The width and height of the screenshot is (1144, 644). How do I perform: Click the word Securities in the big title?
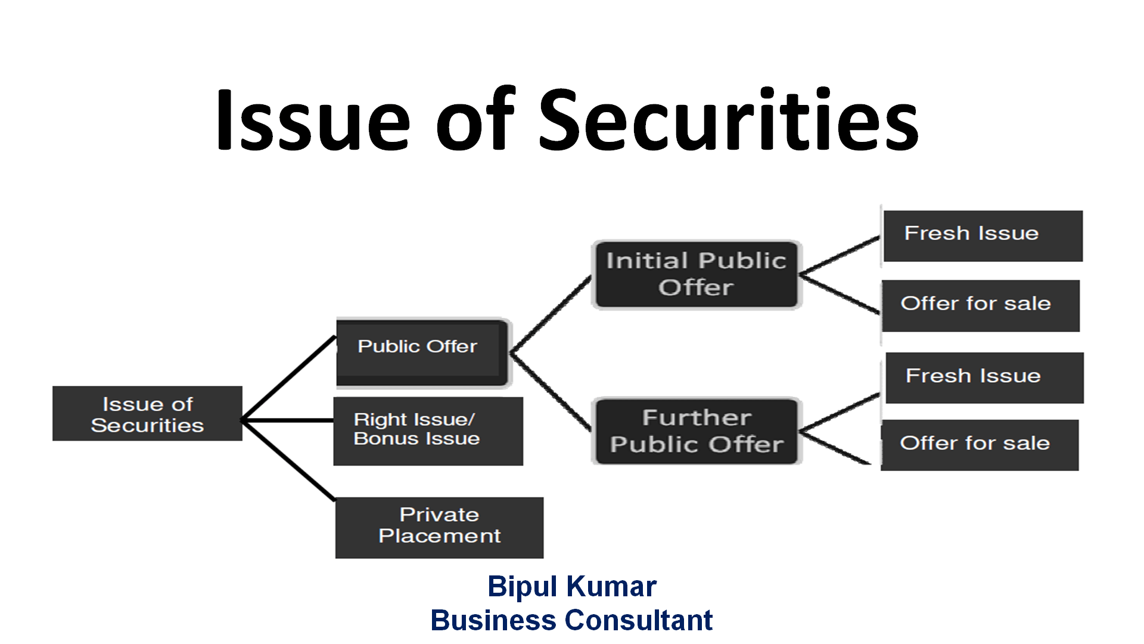728,119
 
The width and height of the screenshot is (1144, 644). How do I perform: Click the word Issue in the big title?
313,119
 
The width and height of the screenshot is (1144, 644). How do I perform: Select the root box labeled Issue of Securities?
147,414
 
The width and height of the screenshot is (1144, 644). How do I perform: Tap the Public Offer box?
421,352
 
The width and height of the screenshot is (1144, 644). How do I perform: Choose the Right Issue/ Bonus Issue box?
428,431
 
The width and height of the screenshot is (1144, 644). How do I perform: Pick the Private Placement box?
439,527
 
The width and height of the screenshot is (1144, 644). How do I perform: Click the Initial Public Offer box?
696,274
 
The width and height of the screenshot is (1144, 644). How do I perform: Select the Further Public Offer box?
696,431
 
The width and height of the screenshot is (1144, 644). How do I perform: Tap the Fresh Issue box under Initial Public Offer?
982,236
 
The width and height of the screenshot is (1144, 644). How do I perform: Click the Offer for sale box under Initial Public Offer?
980,305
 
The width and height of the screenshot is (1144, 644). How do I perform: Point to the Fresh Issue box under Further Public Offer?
984,377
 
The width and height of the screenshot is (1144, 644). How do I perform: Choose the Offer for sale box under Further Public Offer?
979,445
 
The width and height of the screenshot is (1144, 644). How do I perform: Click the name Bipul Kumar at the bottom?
571,586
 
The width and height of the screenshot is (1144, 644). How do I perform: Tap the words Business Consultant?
571,620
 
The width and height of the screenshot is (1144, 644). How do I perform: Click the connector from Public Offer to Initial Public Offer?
551,314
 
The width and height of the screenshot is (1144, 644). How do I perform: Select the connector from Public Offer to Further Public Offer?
551,391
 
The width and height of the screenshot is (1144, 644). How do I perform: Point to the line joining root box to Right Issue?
288,420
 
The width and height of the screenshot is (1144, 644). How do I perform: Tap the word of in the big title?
474,119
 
